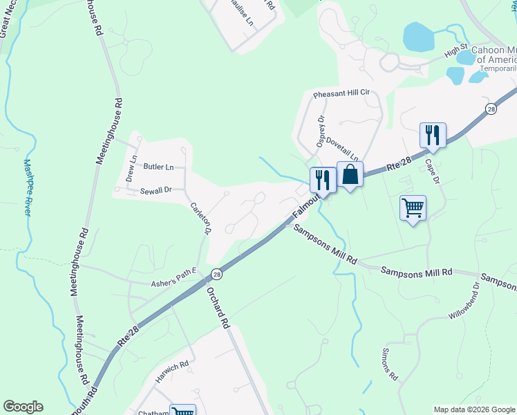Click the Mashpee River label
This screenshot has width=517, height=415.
28,187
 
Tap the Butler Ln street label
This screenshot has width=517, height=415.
158,167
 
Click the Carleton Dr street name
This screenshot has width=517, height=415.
200,214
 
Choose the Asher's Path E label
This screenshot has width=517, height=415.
174,284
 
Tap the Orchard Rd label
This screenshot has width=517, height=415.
217,307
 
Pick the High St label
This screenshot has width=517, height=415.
456,51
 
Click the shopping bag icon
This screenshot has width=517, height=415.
350,175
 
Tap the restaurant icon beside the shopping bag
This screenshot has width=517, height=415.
323,180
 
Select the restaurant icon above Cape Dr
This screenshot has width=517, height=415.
433,135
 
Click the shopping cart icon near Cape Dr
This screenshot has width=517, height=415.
413,207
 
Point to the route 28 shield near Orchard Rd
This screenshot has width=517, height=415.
216,274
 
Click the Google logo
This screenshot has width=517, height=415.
23,407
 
